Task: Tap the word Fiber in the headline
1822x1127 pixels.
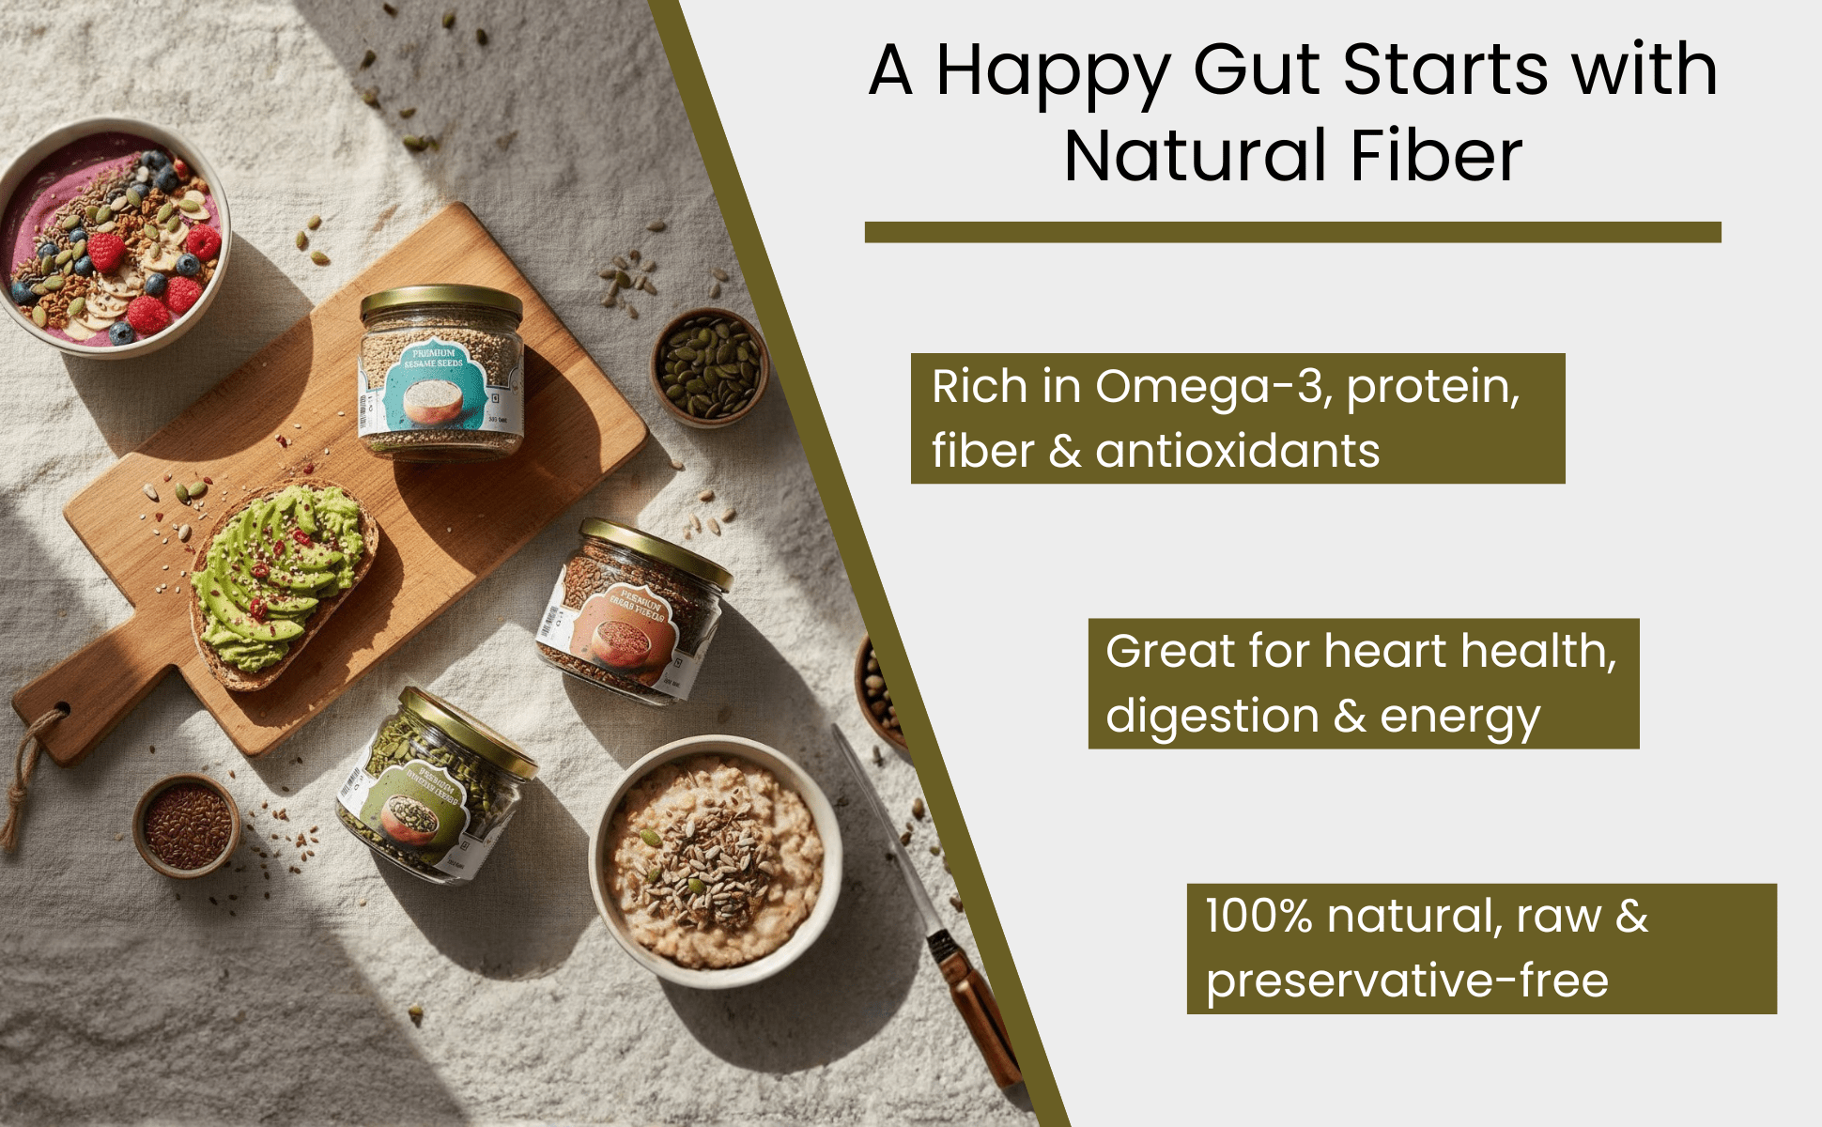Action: (1436, 156)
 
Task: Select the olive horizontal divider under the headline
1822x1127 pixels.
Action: (1292, 232)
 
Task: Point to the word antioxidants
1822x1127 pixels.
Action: (1237, 451)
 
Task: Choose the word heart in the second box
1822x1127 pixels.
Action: (1387, 651)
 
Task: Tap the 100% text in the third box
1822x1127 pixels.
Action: (1258, 916)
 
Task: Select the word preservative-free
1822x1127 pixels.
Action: (1407, 980)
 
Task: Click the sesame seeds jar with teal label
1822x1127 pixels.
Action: (441, 376)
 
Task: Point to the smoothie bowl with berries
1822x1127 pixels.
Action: (113, 239)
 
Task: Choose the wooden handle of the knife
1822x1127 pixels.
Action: (977, 1005)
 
